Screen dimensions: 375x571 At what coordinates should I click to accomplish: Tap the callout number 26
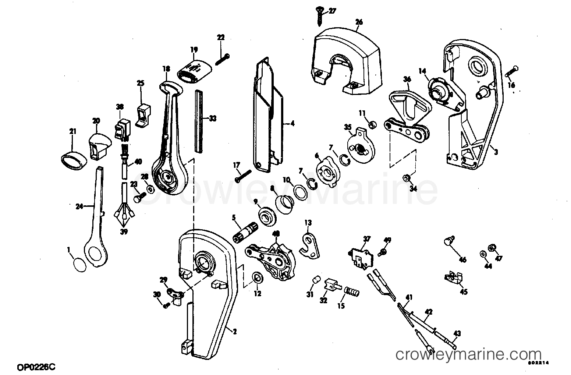(x=359, y=22)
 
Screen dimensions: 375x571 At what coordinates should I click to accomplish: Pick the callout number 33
(x=213, y=118)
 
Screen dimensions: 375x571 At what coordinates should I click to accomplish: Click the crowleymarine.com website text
(x=468, y=355)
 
